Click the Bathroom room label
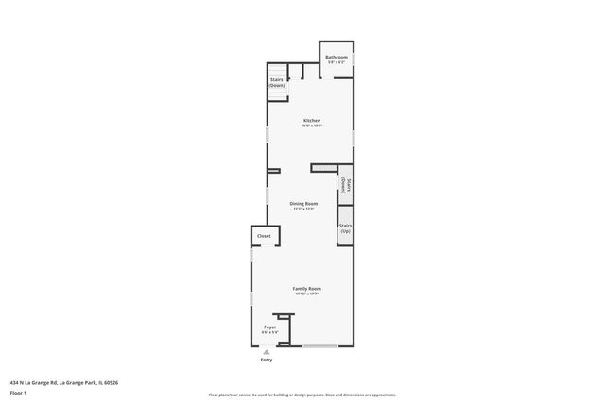coord(337,57)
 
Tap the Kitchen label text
coord(312,120)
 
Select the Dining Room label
coord(303,203)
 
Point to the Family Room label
coord(306,288)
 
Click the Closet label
coord(264,236)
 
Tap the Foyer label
coord(269,327)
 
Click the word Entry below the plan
coord(267,360)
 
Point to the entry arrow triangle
coord(267,351)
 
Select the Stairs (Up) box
coord(345,228)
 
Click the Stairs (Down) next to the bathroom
coord(277,82)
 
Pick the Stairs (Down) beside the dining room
coord(346,186)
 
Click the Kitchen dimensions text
coord(312,126)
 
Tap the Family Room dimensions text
coord(306,294)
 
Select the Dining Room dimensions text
coord(303,209)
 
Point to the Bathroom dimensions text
coord(337,62)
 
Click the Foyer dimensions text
coord(269,332)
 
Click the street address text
coord(63,381)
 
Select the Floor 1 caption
coord(17,392)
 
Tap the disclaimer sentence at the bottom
coord(302,395)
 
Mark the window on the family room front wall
coord(320,346)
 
